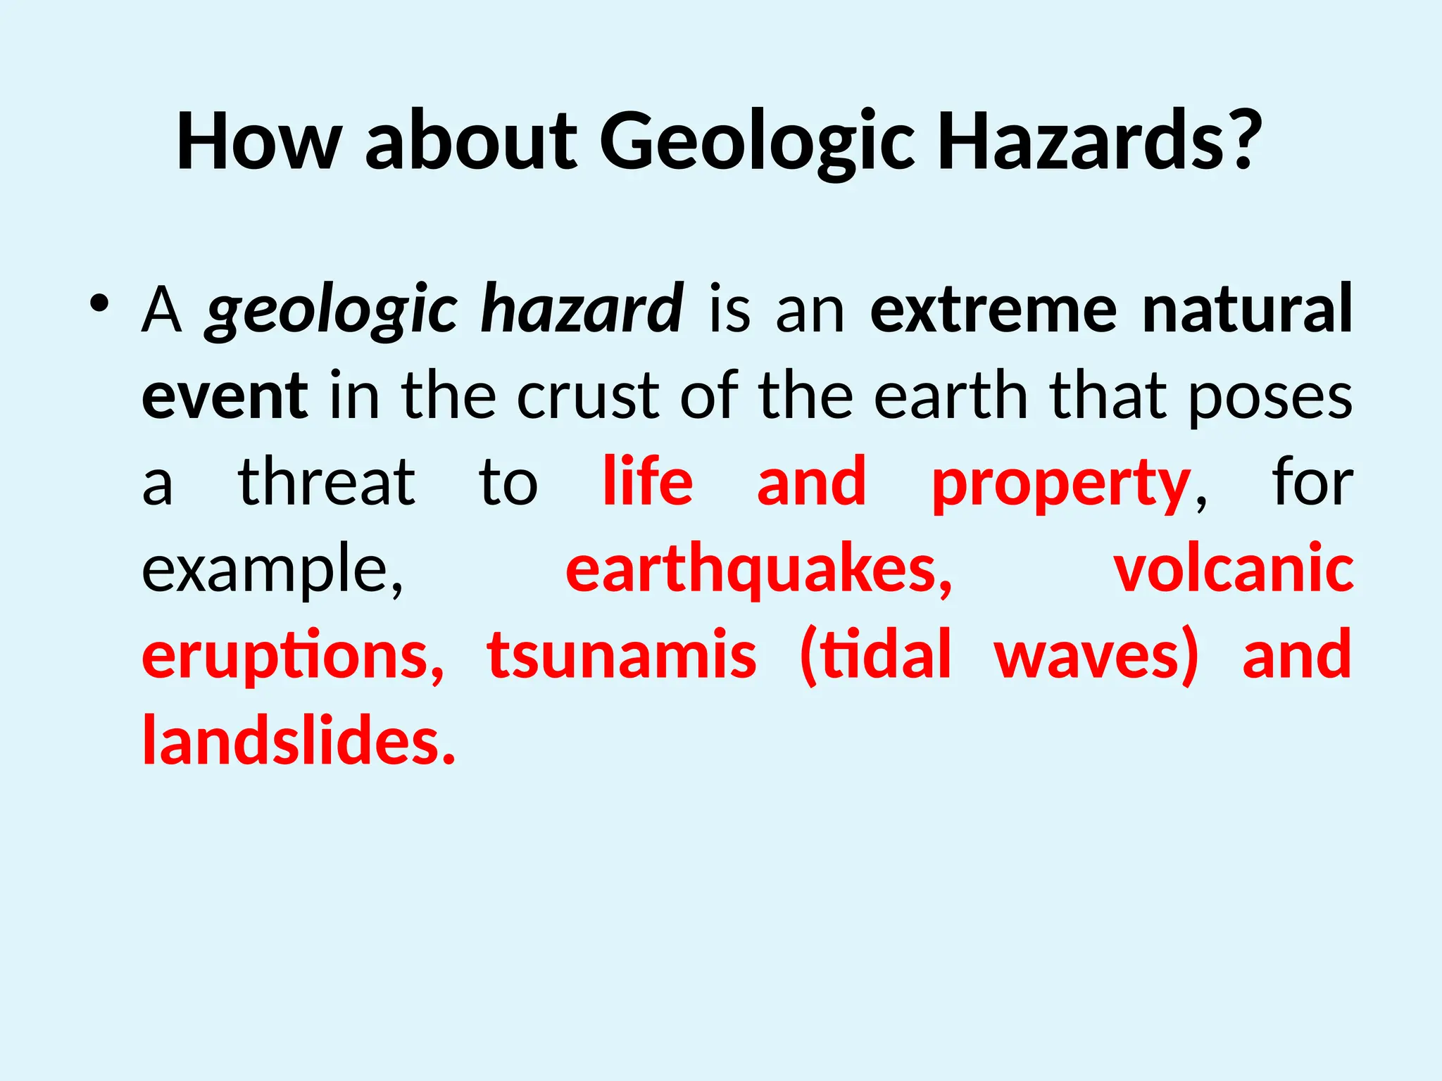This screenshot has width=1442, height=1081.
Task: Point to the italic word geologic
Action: (331, 310)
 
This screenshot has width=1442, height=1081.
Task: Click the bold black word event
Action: (225, 396)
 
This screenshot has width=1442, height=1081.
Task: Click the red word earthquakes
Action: (758, 570)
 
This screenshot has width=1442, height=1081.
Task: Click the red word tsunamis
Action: (622, 656)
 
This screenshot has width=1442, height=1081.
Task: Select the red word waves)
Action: (1096, 656)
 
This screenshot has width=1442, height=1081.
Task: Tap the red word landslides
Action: (299, 742)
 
